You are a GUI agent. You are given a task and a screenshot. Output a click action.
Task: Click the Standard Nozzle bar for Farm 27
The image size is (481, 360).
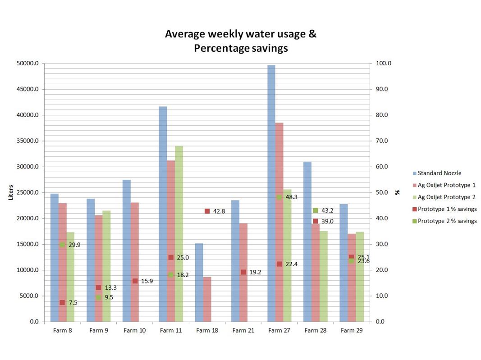[271, 194]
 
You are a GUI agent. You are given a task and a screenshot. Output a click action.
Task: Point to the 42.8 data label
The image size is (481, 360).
[219, 211]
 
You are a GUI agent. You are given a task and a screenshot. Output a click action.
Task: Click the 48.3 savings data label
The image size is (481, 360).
[292, 197]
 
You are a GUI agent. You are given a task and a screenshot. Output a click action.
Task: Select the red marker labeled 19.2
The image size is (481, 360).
[243, 272]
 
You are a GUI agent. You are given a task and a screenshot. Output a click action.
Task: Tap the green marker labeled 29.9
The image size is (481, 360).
[62, 245]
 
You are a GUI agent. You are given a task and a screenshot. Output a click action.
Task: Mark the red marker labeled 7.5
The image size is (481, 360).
[62, 303]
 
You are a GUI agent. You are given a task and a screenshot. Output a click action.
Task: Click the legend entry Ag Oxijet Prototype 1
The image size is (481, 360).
[446, 185]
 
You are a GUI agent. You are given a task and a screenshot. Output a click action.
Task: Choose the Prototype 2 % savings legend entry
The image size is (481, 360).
[447, 221]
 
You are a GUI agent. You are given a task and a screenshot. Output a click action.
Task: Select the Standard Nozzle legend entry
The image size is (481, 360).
[439, 173]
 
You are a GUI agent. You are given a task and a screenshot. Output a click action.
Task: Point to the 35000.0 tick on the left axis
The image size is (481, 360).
[27, 141]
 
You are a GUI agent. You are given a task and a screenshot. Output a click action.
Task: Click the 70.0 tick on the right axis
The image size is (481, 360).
[382, 141]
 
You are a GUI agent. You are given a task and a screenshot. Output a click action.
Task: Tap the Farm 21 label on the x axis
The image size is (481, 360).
[243, 331]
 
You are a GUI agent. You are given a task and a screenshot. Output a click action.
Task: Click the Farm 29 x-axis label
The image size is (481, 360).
[352, 331]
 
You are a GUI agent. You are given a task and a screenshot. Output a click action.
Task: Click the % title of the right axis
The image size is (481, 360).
[397, 192]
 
